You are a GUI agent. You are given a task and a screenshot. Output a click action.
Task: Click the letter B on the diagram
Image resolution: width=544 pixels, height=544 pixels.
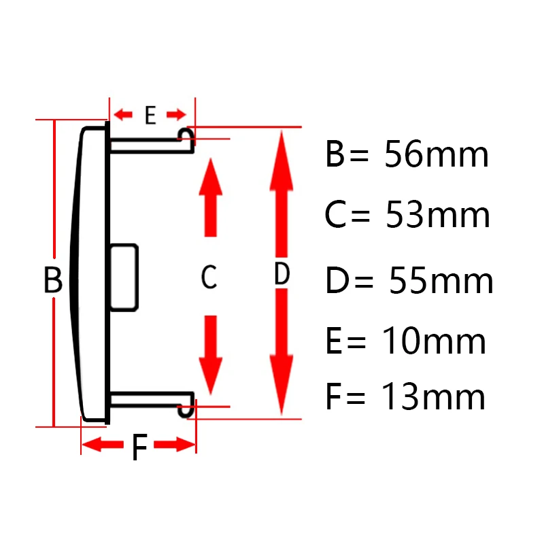point(53,279)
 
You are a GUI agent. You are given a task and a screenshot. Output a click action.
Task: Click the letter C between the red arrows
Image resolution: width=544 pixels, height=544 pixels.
point(209,277)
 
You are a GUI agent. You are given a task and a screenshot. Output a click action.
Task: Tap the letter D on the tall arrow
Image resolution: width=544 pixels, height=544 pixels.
point(282,274)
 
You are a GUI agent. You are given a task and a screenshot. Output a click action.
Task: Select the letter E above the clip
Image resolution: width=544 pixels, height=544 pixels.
point(150,116)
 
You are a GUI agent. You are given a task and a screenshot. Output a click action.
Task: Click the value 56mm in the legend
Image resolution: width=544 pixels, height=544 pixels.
point(436,155)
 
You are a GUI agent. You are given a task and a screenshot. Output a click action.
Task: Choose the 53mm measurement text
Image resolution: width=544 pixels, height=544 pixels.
point(437,216)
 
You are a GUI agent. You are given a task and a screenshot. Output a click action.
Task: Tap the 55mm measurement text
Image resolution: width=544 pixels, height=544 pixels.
point(441,281)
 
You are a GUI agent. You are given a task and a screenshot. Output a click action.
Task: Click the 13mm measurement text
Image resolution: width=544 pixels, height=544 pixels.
point(434,397)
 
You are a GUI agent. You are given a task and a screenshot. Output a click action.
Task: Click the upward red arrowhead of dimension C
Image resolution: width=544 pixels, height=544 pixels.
point(210,178)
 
